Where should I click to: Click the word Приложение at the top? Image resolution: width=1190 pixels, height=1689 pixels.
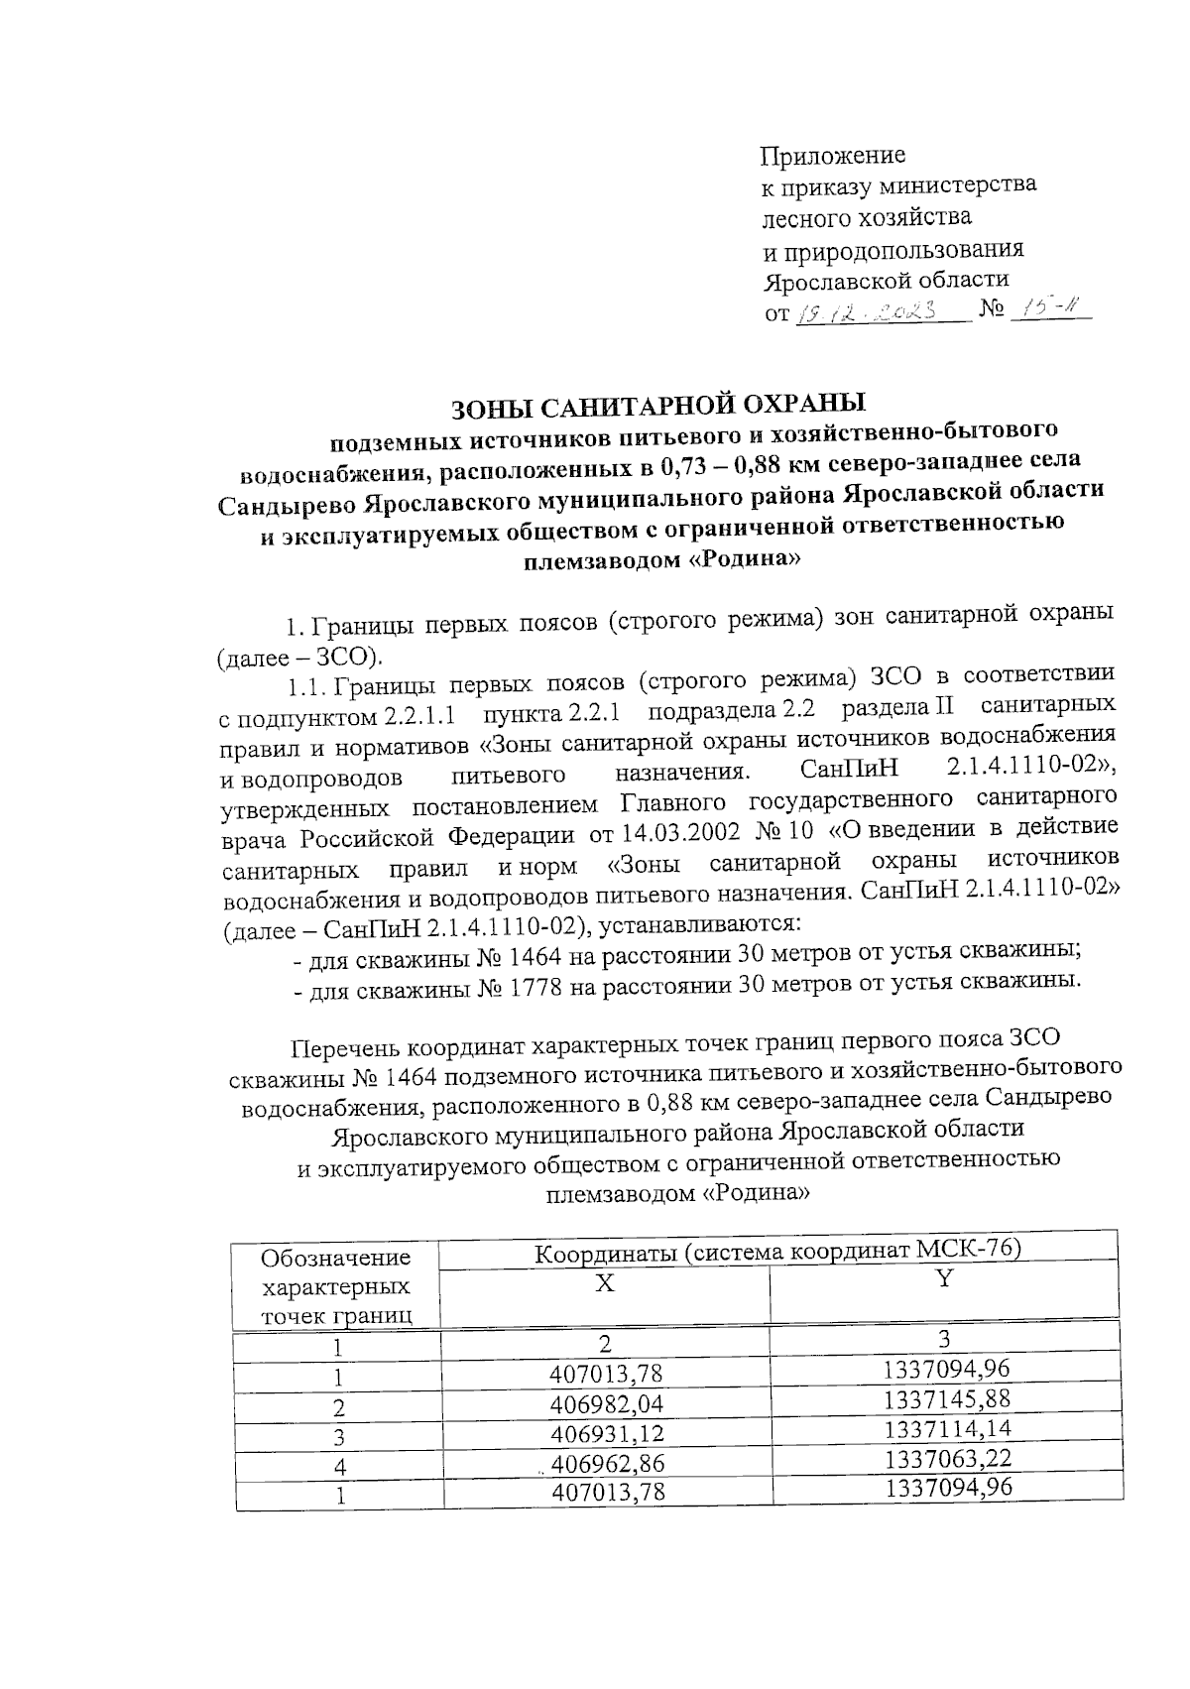pos(832,156)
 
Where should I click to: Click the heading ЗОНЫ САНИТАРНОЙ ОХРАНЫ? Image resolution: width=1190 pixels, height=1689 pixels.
pos(658,405)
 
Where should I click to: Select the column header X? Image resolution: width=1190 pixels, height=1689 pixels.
pos(604,1282)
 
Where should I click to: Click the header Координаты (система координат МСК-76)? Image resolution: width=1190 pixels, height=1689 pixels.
pos(777,1251)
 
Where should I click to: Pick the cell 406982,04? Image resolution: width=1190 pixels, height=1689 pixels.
pos(606,1403)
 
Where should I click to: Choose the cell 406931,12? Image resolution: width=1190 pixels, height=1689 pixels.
pos(606,1433)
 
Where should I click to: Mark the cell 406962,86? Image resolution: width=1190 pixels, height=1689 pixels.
pos(607,1463)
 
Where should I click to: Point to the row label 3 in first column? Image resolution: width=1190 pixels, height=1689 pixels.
pos(339,1437)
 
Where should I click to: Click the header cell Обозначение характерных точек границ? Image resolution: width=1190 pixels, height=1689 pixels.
pos(335,1286)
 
